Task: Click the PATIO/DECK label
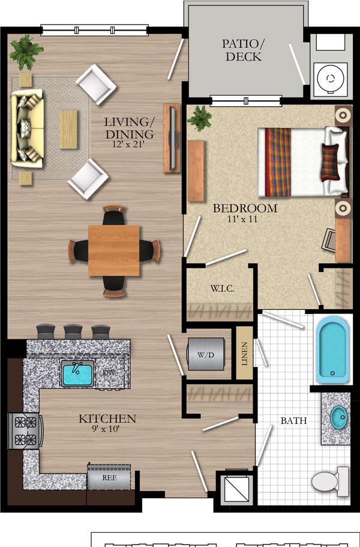tap(244, 50)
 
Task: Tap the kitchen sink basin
tap(77, 373)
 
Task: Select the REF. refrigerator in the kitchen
tap(109, 477)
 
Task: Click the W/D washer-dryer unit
tap(206, 354)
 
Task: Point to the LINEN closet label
tap(244, 354)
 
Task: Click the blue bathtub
tap(332, 349)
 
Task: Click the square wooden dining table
tap(114, 250)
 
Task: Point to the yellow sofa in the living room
tap(27, 128)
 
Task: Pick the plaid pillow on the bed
tap(329, 162)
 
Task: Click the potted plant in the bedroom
tap(200, 118)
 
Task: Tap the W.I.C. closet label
tap(222, 288)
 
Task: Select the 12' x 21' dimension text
tap(128, 144)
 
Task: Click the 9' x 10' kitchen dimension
tap(104, 429)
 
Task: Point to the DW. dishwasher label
tap(109, 372)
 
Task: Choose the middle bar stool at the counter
tap(73, 331)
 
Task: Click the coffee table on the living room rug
tap(68, 130)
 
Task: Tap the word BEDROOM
tap(245, 208)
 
